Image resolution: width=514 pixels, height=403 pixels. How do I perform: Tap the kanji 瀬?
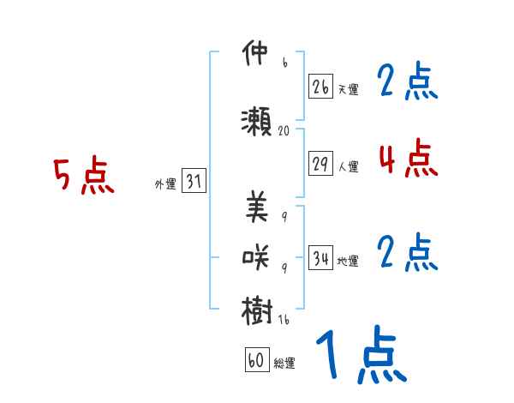256,121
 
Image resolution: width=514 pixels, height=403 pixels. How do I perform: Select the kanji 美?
256,207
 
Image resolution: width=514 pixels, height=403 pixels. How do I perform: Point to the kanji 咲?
256,256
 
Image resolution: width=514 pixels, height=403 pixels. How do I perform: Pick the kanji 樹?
256,309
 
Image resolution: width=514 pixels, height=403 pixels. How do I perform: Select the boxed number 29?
320,164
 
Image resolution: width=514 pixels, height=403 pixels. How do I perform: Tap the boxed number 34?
320,258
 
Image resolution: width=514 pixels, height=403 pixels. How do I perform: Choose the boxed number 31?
194,182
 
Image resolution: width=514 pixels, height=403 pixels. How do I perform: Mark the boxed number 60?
256,361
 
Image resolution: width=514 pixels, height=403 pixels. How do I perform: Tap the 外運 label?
164,184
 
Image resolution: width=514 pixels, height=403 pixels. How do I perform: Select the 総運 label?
284,364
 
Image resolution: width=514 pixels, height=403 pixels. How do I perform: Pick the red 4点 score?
408,158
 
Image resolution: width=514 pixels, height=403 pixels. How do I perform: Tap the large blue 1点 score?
361,356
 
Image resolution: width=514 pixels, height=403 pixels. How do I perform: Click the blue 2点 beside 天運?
408,82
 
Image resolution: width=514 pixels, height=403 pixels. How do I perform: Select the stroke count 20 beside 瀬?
284,131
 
